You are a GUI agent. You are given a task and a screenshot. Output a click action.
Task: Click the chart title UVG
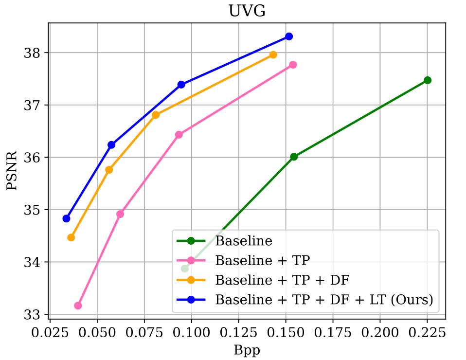pos(247,11)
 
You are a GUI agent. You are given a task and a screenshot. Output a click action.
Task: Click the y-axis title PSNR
pos(12,170)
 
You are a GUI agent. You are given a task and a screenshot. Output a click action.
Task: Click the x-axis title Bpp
pos(247,349)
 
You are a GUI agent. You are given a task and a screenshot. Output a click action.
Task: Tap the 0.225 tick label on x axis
pos(427,333)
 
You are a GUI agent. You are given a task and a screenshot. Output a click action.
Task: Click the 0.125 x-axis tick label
pos(238,333)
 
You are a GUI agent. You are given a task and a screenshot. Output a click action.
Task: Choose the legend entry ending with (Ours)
pos(324,300)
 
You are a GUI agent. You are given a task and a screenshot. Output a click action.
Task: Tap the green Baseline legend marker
pos(191,240)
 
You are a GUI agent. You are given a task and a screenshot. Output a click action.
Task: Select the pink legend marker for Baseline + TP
pos(191,260)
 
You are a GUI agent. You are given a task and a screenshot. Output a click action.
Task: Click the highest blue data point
pos(289,36)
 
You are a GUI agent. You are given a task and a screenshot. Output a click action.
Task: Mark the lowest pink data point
pos(78,306)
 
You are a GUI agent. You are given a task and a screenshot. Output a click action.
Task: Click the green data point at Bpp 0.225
pos(427,80)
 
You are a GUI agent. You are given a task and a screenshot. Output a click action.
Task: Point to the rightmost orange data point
pos(273,54)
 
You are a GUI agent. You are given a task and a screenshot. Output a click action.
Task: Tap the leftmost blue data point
pos(67,218)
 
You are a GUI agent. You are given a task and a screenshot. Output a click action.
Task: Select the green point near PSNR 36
pos(294,157)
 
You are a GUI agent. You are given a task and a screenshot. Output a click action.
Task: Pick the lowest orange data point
pos(71,237)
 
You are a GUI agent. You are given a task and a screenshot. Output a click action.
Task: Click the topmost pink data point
pos(293,65)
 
